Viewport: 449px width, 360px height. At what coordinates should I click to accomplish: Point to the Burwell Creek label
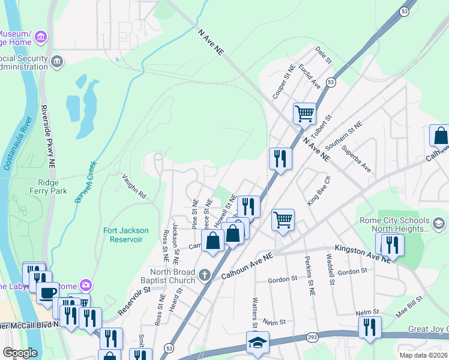coord(86,182)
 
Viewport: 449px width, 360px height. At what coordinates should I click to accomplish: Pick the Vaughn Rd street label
coord(134,186)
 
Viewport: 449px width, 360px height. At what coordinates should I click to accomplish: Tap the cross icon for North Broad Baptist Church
coord(205,275)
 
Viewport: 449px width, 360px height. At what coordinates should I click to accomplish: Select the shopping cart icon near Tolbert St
coord(304,112)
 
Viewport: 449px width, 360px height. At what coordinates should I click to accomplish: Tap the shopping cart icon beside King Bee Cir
coord(283,219)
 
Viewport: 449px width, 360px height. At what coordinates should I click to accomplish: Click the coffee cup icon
coord(47,292)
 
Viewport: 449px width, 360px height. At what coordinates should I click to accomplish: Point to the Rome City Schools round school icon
coord(439,224)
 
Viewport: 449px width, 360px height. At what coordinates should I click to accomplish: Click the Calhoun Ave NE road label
coord(247,266)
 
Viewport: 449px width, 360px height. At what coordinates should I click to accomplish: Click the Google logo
coord(20,352)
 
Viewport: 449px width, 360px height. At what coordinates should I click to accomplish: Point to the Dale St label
coord(324,57)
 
